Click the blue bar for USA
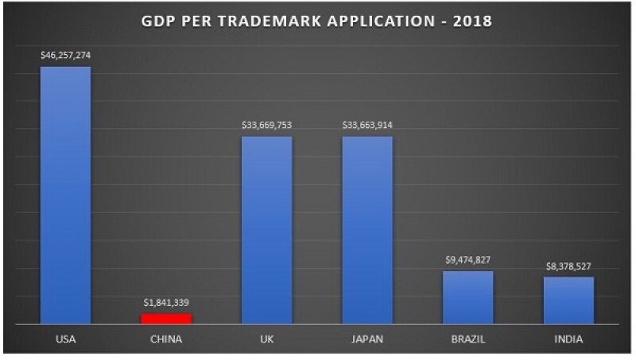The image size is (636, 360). (66, 195)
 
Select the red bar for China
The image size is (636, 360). (166, 319)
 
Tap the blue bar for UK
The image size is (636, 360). (267, 230)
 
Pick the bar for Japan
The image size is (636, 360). (367, 230)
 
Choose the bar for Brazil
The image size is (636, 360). (468, 297)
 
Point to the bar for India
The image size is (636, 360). (569, 300)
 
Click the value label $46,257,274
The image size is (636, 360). (66, 56)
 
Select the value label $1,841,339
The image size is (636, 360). (166, 303)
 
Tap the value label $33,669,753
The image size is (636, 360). (267, 126)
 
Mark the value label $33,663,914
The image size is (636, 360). (367, 126)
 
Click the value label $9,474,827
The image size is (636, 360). (468, 260)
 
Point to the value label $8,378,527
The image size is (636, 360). (569, 265)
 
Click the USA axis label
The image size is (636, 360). (66, 340)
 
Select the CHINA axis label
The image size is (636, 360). (166, 340)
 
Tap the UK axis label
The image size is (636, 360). (267, 340)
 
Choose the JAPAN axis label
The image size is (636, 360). (367, 340)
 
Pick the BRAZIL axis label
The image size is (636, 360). (468, 340)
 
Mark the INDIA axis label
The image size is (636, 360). (569, 340)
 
